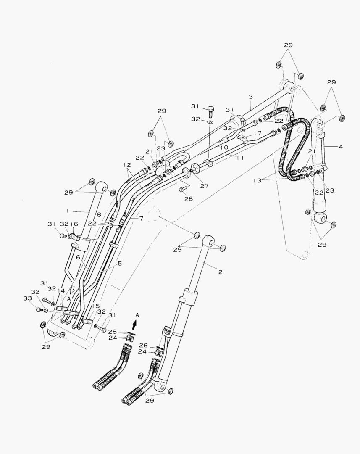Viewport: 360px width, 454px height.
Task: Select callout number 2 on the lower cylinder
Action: coord(220,272)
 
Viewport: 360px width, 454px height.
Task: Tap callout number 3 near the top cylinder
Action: coord(250,97)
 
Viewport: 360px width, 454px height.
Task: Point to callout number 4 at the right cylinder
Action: coord(340,147)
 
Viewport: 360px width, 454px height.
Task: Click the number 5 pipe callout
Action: coord(119,264)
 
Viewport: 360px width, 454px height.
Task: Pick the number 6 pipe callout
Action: coord(78,257)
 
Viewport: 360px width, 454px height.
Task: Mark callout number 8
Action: coord(99,214)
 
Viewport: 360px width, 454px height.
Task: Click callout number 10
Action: coord(223,148)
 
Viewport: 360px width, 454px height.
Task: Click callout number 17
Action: coord(258,133)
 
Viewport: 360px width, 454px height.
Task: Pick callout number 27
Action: coord(204,185)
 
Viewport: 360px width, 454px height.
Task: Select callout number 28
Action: coord(188,198)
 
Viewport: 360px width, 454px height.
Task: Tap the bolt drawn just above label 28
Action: coord(181,190)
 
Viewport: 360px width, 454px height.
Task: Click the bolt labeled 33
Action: coord(39,310)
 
